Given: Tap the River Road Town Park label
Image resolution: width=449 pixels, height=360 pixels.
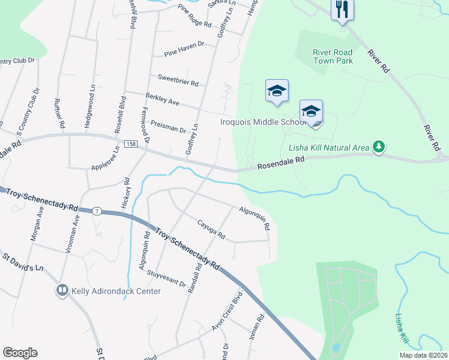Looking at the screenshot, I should tap(333, 56).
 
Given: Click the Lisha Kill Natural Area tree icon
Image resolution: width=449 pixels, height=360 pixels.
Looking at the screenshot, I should tap(378, 146).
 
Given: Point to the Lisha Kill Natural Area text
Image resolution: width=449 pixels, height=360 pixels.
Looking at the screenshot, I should tap(328, 147).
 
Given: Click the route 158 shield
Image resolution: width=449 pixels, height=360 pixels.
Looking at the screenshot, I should tap(130, 145).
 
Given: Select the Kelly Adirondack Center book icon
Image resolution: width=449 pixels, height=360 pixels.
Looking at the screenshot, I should tap(62, 291).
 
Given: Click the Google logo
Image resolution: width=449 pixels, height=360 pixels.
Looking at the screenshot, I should tap(20, 353).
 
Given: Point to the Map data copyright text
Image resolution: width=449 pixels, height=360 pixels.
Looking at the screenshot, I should tap(423, 355).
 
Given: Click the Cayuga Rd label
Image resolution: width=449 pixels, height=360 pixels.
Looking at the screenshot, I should tap(211, 229).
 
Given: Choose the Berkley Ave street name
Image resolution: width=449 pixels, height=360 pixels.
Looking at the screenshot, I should tap(162, 99).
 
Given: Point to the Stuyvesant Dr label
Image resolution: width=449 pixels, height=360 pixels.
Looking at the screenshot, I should tap(166, 278).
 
